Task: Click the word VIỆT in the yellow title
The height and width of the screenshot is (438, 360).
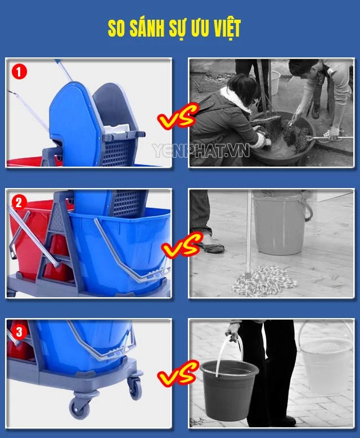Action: click(222, 29)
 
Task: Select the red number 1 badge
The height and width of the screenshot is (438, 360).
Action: click(20, 71)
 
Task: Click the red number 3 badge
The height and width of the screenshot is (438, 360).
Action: click(20, 332)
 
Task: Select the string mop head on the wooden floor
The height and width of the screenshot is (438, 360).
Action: click(264, 280)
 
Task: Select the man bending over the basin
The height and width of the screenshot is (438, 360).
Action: click(321, 90)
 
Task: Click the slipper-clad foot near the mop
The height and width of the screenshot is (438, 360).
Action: click(209, 247)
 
